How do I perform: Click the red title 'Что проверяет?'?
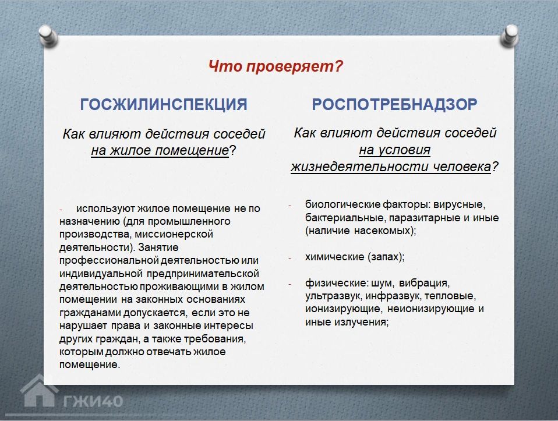pos(276,66)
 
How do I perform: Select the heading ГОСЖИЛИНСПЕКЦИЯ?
pos(163,104)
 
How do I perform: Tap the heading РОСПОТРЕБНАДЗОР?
pos(394,104)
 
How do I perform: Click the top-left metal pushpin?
pos(48,36)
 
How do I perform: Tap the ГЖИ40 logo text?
pos(93,401)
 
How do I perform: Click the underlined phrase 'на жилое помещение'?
pos(160,151)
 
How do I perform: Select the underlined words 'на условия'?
pos(394,150)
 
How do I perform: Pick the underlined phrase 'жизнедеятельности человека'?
pos(391,167)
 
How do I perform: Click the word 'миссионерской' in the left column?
pos(174,234)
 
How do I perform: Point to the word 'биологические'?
pos(342,204)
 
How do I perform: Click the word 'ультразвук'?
pos(333,296)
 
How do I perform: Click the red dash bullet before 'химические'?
pos(289,257)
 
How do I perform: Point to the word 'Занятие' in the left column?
pos(158,247)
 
